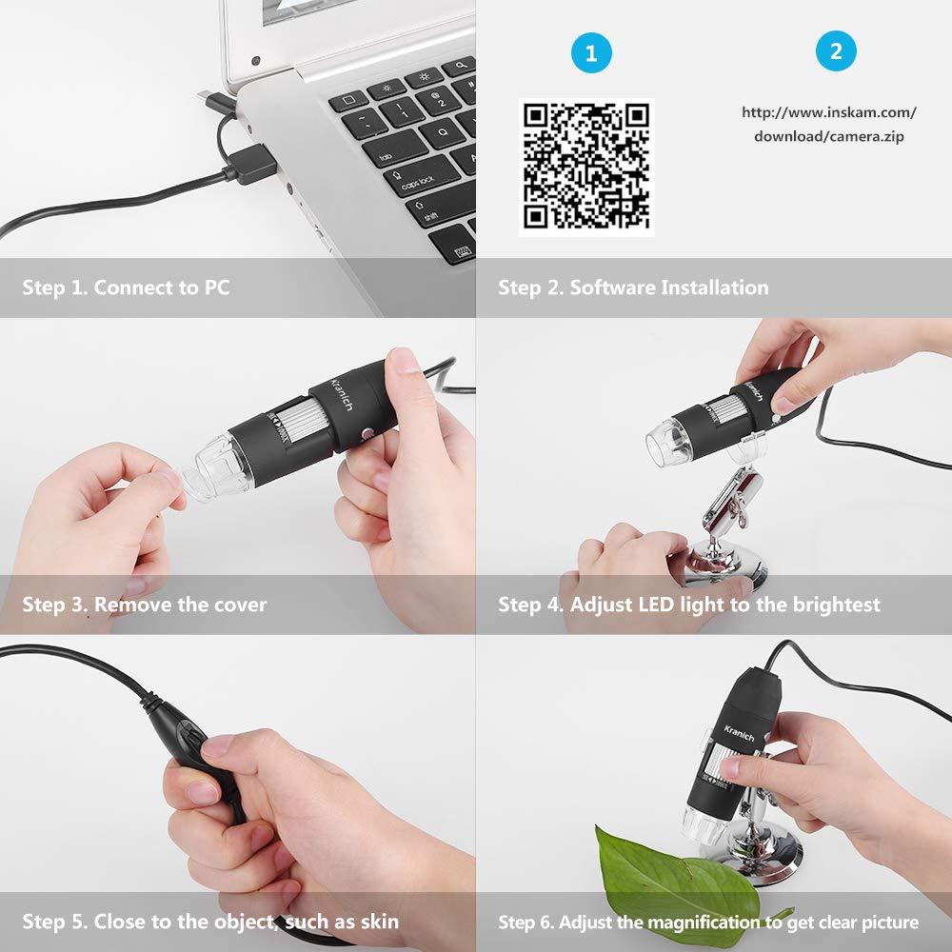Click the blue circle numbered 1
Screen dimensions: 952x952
tap(591, 52)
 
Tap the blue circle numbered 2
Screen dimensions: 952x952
tap(836, 51)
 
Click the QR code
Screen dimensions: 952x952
tap(586, 167)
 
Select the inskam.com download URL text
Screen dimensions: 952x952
tap(829, 124)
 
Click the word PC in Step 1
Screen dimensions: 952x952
tap(217, 288)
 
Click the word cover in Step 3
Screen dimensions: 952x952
tap(241, 605)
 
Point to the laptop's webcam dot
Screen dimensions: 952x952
tap(255, 61)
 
